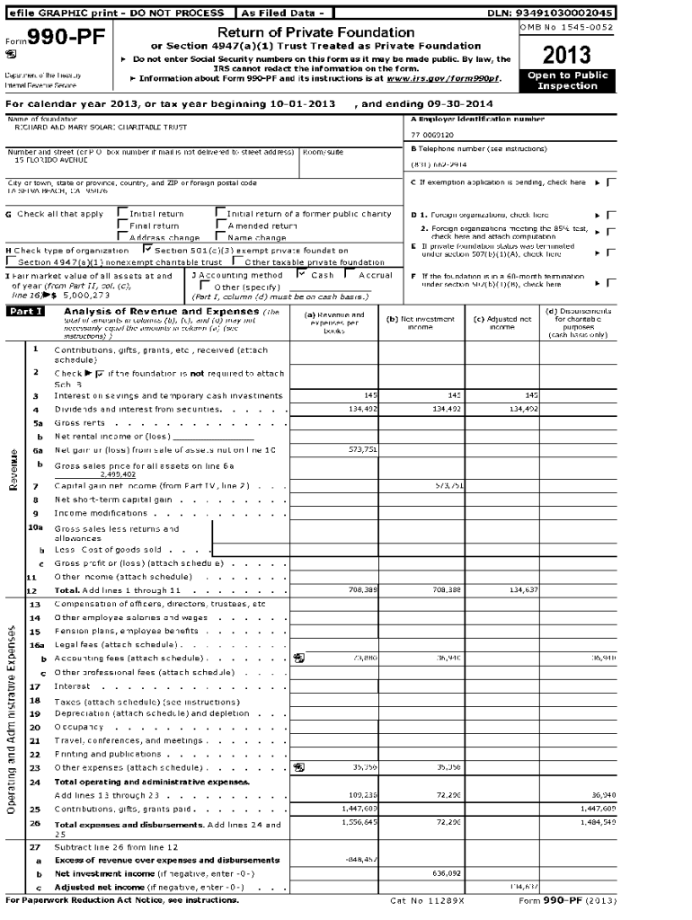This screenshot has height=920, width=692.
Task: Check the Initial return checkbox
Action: pyautogui.click(x=122, y=214)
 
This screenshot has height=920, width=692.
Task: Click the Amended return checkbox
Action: pyautogui.click(x=220, y=226)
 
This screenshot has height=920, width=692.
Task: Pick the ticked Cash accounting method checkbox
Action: pyautogui.click(x=302, y=274)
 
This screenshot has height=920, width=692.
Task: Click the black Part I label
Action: pyautogui.click(x=25, y=311)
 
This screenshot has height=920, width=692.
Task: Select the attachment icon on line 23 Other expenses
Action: pyautogui.click(x=299, y=767)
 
